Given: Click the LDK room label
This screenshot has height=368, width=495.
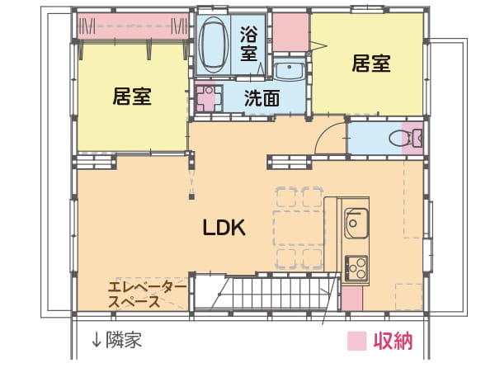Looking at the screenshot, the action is click(224, 228).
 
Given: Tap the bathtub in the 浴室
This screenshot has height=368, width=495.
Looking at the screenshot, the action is click(214, 45).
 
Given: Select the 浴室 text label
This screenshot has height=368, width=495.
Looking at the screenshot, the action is click(249, 44).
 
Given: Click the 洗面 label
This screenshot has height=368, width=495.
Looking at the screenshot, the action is click(262, 98).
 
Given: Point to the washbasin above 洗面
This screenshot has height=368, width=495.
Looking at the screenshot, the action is click(289, 71).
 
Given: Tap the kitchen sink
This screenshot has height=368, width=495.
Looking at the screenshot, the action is click(356, 223).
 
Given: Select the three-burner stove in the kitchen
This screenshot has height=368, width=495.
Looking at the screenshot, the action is click(356, 268).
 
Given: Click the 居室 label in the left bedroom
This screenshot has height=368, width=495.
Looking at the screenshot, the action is click(132, 97).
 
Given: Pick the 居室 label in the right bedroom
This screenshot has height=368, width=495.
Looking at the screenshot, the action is click(371, 64).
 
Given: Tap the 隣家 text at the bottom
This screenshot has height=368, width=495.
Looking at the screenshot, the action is click(124, 340).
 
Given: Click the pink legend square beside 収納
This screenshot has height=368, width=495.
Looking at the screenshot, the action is click(357, 341).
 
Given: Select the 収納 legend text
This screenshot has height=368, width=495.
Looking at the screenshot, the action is click(393, 341).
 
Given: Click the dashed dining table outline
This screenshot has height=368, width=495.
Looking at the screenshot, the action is click(299, 228).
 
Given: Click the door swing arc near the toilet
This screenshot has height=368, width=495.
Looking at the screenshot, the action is click(325, 134).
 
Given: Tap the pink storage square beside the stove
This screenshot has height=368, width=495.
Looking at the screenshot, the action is click(352, 299).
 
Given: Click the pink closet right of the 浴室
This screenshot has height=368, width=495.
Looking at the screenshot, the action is click(290, 32).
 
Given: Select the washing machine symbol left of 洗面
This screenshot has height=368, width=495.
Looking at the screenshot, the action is click(209, 97).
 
